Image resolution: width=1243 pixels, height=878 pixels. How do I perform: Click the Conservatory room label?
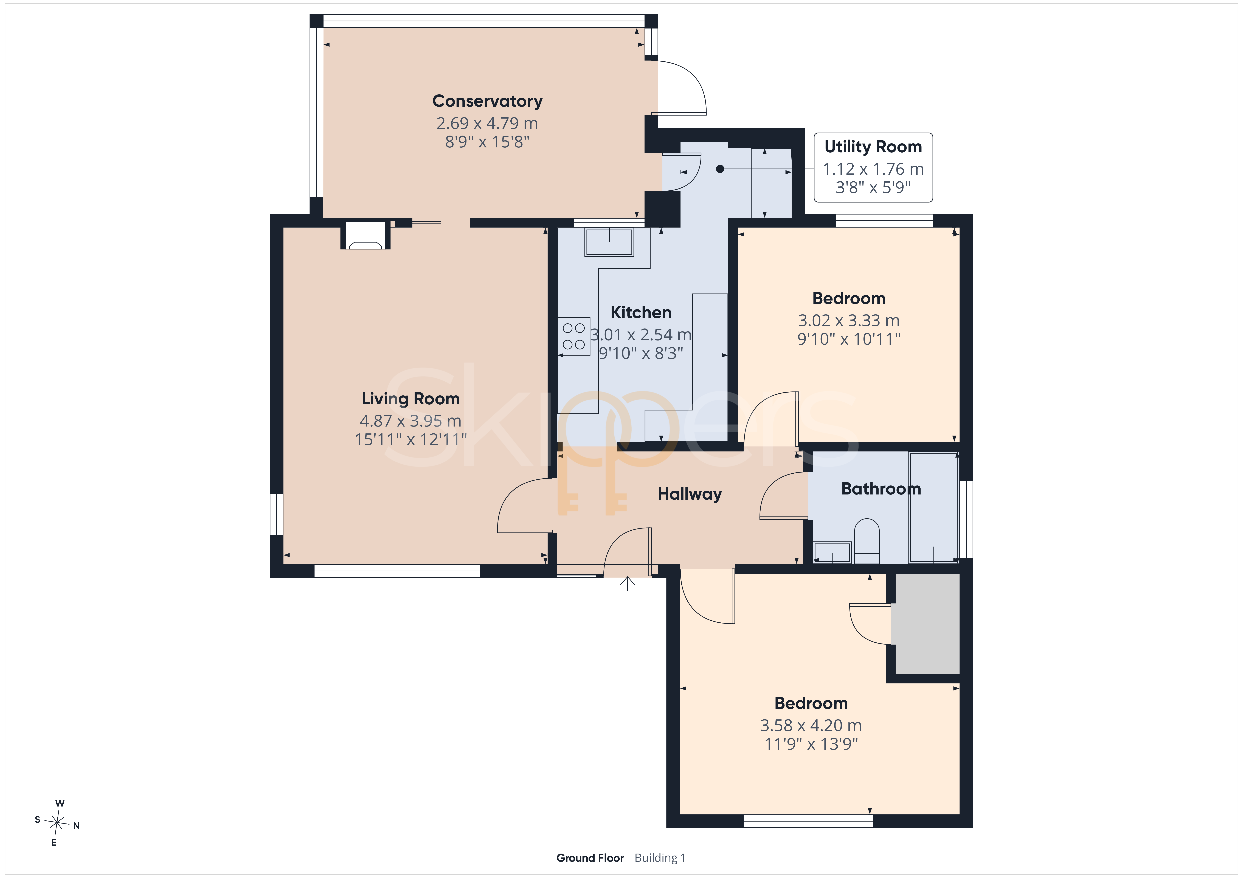(x=487, y=101)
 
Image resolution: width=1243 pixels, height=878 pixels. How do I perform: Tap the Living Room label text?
(x=410, y=399)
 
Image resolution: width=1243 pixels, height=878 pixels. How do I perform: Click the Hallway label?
(x=690, y=494)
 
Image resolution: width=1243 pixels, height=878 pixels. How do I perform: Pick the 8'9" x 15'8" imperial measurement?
(x=487, y=142)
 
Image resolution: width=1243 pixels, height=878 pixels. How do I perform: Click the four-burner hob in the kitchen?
(x=574, y=336)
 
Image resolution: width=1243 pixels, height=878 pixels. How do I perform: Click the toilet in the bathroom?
(x=867, y=541)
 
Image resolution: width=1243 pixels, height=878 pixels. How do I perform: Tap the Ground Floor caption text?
(x=590, y=858)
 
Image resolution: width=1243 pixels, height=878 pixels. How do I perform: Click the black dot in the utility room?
(x=720, y=169)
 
